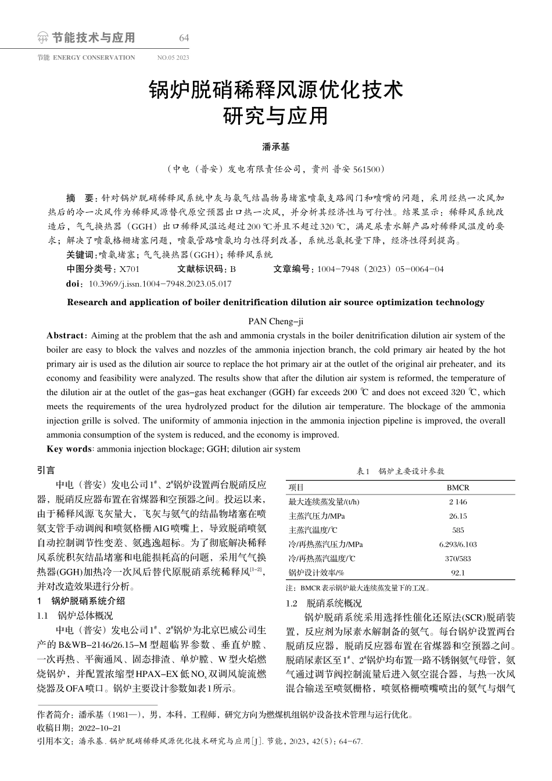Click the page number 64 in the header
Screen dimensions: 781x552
click(x=184, y=38)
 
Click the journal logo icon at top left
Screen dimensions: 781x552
click(x=42, y=39)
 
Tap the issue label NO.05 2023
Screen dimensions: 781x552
click(x=173, y=58)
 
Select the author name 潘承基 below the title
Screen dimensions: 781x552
click(x=276, y=148)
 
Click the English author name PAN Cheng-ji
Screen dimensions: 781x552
click(x=276, y=321)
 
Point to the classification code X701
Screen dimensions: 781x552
click(x=129, y=269)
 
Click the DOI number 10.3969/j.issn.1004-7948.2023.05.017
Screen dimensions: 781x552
click(x=159, y=284)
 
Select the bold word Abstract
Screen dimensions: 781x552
click(x=65, y=335)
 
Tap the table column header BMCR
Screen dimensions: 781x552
click(x=457, y=488)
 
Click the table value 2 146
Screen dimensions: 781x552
click(x=457, y=502)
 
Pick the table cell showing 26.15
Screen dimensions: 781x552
click(x=457, y=516)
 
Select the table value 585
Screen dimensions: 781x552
click(x=457, y=530)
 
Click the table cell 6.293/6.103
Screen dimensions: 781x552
click(x=457, y=544)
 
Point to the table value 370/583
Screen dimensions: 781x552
click(x=457, y=558)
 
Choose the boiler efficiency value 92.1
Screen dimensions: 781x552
click(x=457, y=573)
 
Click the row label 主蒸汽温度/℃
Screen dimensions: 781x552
click(x=313, y=530)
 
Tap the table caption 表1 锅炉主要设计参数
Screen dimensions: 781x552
click(x=400, y=471)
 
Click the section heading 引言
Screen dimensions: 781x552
click(x=46, y=470)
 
